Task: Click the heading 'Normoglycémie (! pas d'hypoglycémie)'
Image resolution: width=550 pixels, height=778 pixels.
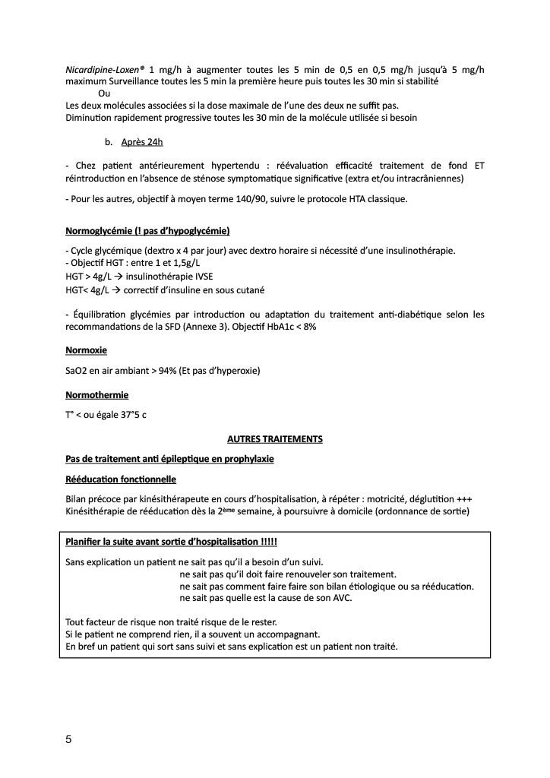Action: pos(147,230)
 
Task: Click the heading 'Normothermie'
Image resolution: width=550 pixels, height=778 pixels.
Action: pos(97,395)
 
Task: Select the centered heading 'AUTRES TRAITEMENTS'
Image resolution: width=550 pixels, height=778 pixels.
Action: pos(275,439)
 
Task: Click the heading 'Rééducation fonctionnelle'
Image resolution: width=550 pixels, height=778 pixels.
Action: pos(122,479)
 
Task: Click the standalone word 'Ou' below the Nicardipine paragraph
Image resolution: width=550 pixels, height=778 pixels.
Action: pos(104,93)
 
